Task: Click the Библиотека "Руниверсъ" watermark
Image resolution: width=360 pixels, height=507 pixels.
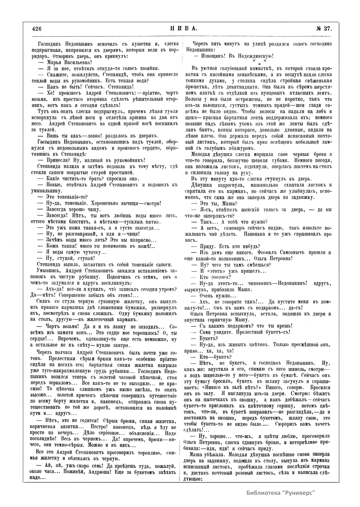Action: click(281, 492)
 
